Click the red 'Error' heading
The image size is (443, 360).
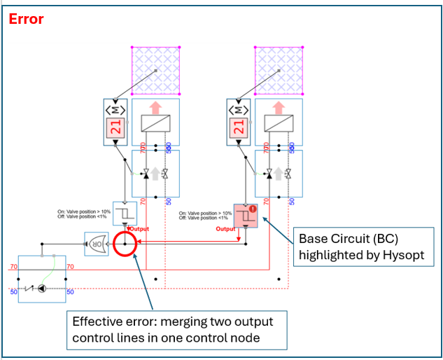click(x=26, y=19)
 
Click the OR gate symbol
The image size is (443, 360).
click(x=94, y=243)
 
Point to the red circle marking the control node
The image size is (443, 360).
click(x=125, y=244)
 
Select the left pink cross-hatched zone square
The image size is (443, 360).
click(x=157, y=70)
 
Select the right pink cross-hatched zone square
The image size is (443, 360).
click(x=279, y=70)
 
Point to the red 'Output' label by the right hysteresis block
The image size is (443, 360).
click(x=225, y=229)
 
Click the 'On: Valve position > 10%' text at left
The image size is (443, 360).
click(x=84, y=211)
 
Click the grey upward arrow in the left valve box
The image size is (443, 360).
click(x=155, y=173)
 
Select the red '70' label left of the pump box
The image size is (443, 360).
click(x=12, y=267)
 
